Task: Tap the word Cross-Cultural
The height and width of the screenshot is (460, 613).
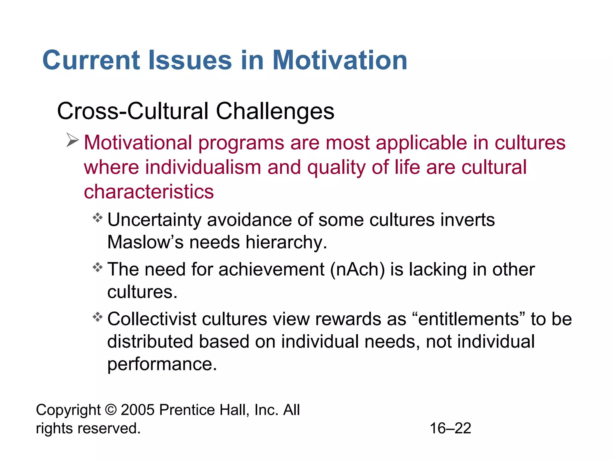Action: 133,111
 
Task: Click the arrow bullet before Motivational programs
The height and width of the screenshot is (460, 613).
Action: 72,140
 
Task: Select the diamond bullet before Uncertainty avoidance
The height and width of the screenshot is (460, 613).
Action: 98,217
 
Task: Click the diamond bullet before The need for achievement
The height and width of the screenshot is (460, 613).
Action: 98,267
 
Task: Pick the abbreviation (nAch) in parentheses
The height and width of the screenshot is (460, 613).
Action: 357,269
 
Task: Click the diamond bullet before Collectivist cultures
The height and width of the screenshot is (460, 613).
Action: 98,317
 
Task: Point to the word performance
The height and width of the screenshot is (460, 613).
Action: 162,364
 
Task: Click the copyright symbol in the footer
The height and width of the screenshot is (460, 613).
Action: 111,410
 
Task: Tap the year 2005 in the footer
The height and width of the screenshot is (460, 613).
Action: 138,410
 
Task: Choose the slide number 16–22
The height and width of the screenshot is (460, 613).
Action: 450,428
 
